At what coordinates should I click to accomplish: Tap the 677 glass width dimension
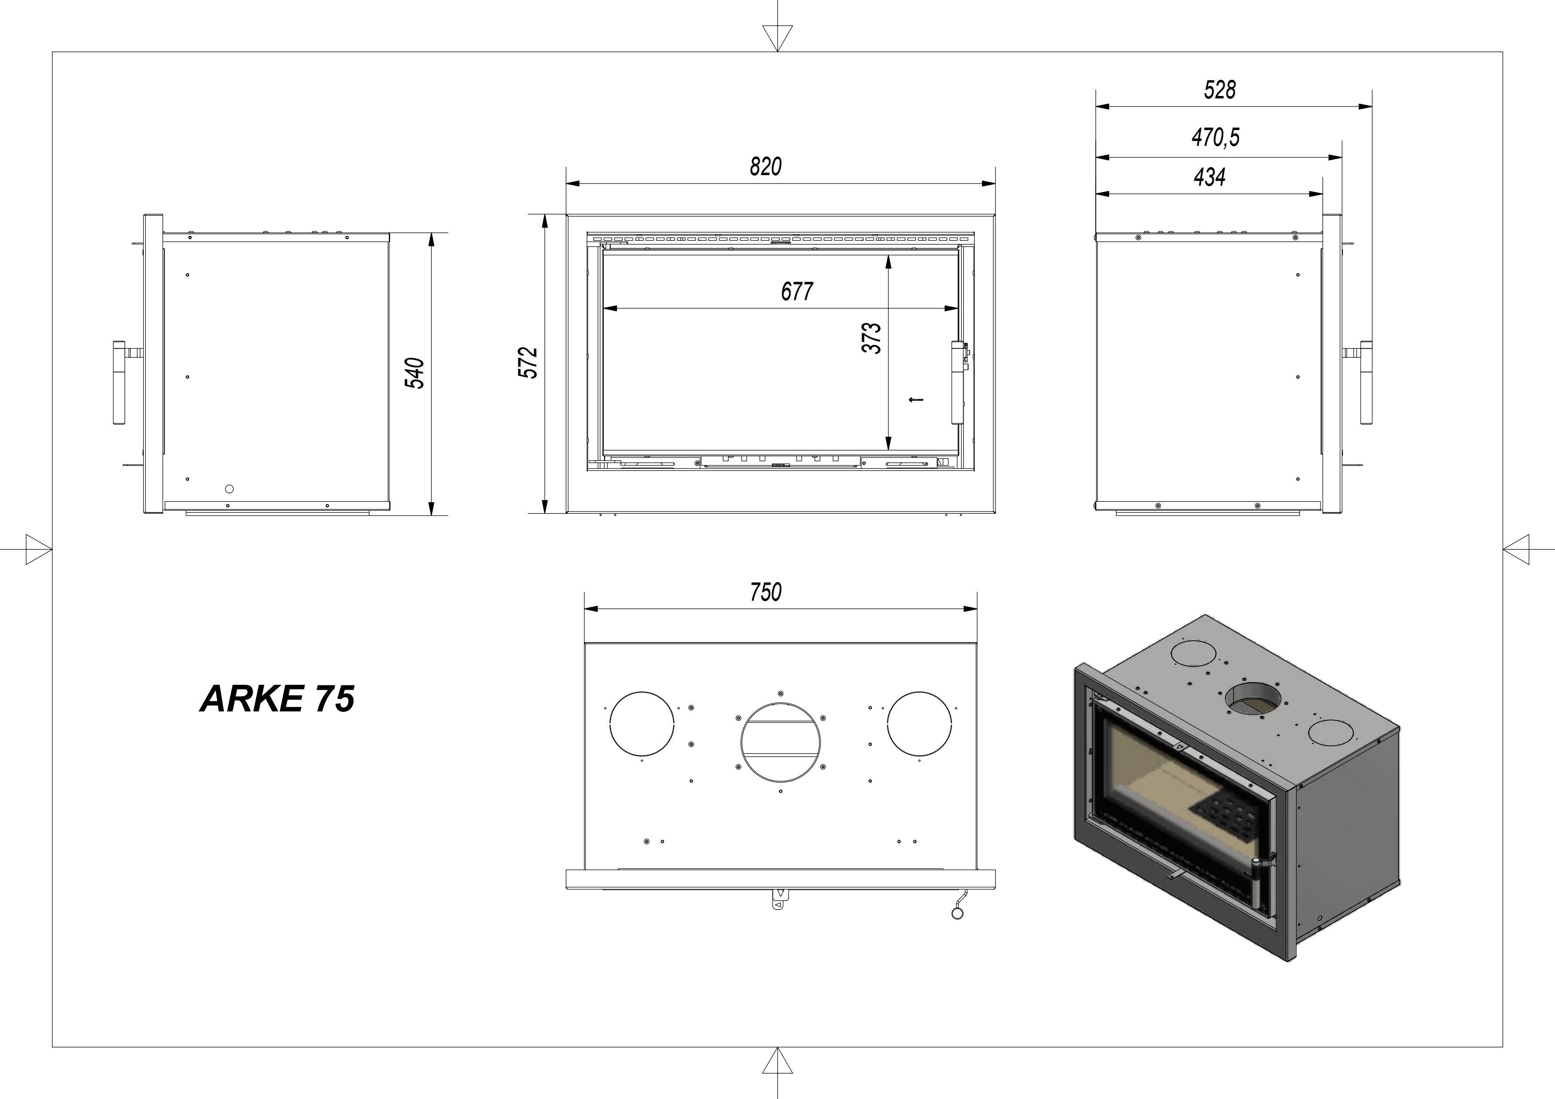click(x=797, y=292)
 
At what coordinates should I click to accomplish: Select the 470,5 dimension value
click(x=1216, y=137)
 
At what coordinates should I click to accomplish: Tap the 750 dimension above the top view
click(x=765, y=592)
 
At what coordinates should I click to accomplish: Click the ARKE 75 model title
click(x=277, y=699)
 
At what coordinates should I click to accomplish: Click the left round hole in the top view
click(x=642, y=723)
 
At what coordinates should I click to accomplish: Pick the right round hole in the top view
click(x=919, y=723)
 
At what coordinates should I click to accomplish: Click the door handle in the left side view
click(x=120, y=383)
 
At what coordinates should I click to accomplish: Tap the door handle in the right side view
click(x=1366, y=383)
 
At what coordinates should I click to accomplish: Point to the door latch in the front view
click(x=957, y=383)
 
